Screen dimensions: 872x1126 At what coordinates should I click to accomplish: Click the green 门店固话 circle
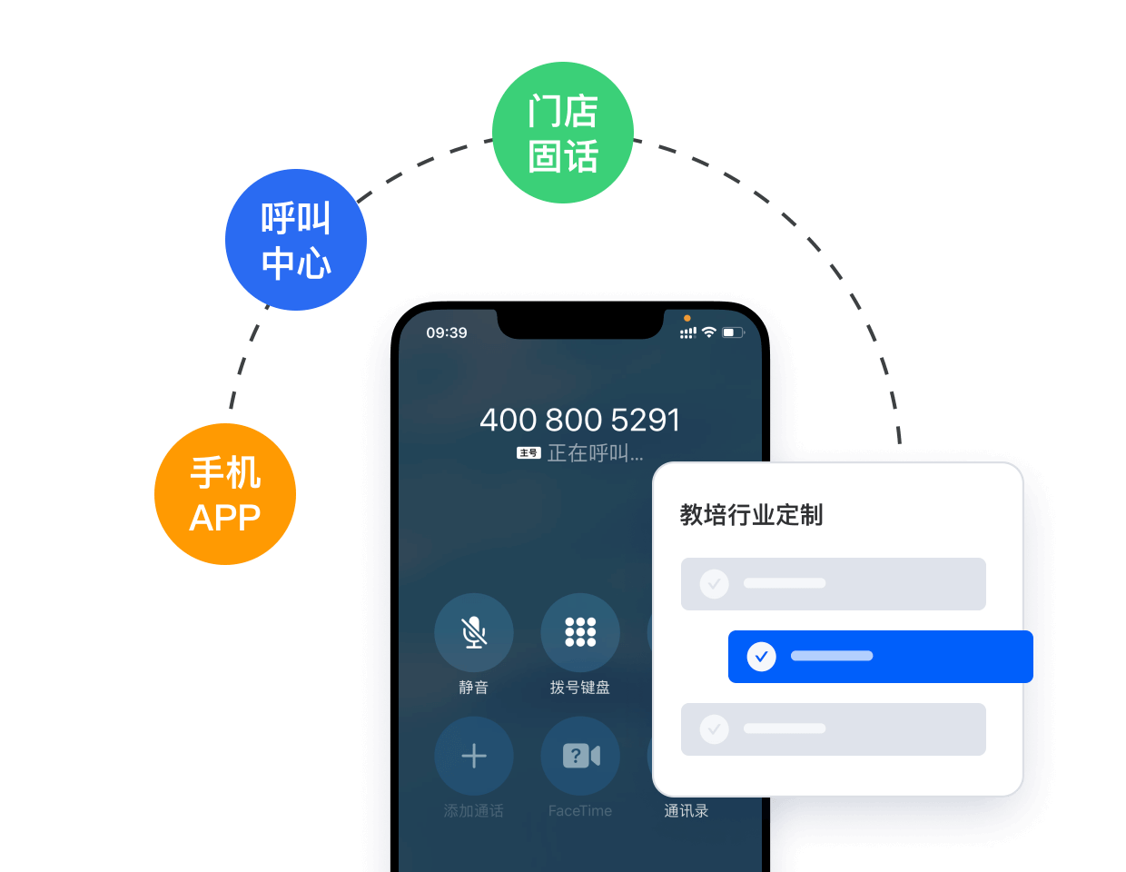[562, 133]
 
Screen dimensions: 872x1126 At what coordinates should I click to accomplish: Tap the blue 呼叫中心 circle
[296, 240]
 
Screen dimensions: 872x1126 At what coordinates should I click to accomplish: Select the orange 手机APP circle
[225, 494]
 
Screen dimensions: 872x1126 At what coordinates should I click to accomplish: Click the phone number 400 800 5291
[579, 420]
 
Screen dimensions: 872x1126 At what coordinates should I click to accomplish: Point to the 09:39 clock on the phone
[447, 333]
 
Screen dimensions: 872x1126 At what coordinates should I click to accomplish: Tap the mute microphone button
[474, 632]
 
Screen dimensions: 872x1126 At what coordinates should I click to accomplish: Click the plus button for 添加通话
[474, 756]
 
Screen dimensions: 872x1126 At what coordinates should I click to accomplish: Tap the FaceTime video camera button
[580, 756]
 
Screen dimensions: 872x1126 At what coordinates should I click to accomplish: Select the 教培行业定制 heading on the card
[751, 515]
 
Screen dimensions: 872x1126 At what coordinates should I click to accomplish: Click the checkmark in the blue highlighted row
[761, 656]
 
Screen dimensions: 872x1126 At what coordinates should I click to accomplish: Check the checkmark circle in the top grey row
[715, 583]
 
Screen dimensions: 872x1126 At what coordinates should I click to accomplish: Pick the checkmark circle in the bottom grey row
[715, 728]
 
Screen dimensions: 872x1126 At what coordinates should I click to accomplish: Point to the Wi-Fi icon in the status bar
[709, 332]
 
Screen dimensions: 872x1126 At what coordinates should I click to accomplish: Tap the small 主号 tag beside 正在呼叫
[528, 453]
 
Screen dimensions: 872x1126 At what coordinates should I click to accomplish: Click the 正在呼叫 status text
[595, 453]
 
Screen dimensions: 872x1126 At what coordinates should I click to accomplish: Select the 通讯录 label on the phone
[686, 810]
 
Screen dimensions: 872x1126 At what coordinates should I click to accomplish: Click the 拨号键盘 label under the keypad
[580, 688]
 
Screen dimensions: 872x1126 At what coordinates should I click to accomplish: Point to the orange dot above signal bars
[687, 318]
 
